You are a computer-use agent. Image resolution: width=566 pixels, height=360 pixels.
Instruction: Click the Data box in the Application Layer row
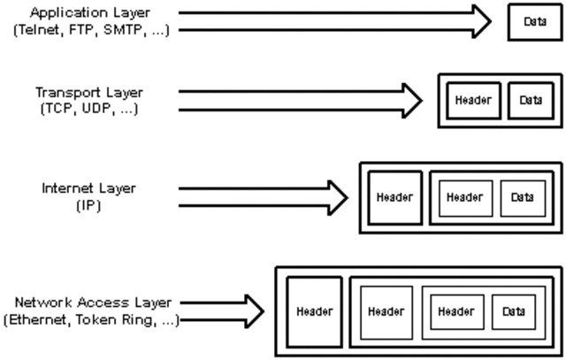[x=534, y=22]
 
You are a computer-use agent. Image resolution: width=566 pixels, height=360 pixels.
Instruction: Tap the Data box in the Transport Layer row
[x=530, y=100]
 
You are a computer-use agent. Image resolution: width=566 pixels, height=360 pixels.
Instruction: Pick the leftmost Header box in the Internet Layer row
[x=394, y=197]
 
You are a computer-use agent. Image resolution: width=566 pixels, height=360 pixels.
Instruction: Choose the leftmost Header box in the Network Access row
[x=313, y=311]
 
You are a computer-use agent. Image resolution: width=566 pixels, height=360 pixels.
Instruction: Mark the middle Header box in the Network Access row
[x=386, y=311]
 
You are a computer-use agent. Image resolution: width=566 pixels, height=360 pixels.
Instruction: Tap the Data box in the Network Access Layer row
[x=513, y=311]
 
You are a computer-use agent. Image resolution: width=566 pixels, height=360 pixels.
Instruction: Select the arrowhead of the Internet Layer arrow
[x=336, y=197]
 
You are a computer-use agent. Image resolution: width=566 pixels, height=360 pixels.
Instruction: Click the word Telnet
[x=35, y=31]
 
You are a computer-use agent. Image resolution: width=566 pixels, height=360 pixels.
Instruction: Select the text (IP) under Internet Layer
[x=85, y=206]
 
